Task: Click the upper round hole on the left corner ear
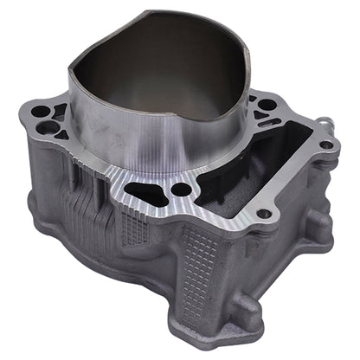pyautogui.click(x=39, y=112)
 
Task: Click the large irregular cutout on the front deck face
pyautogui.click(x=145, y=192)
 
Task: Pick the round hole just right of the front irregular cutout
pyautogui.click(x=181, y=189)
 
